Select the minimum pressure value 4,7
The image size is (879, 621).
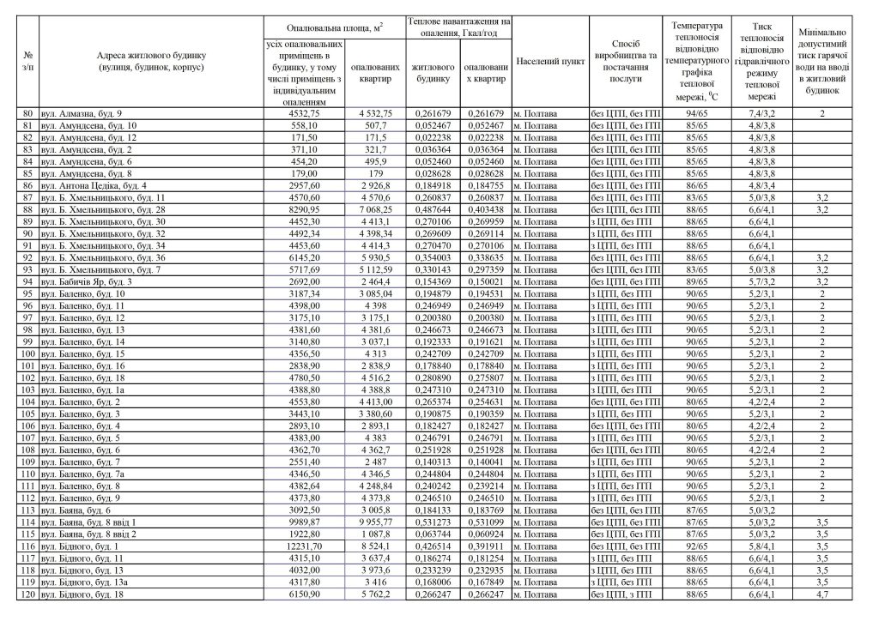pos(821,594)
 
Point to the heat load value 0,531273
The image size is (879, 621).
pos(432,522)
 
